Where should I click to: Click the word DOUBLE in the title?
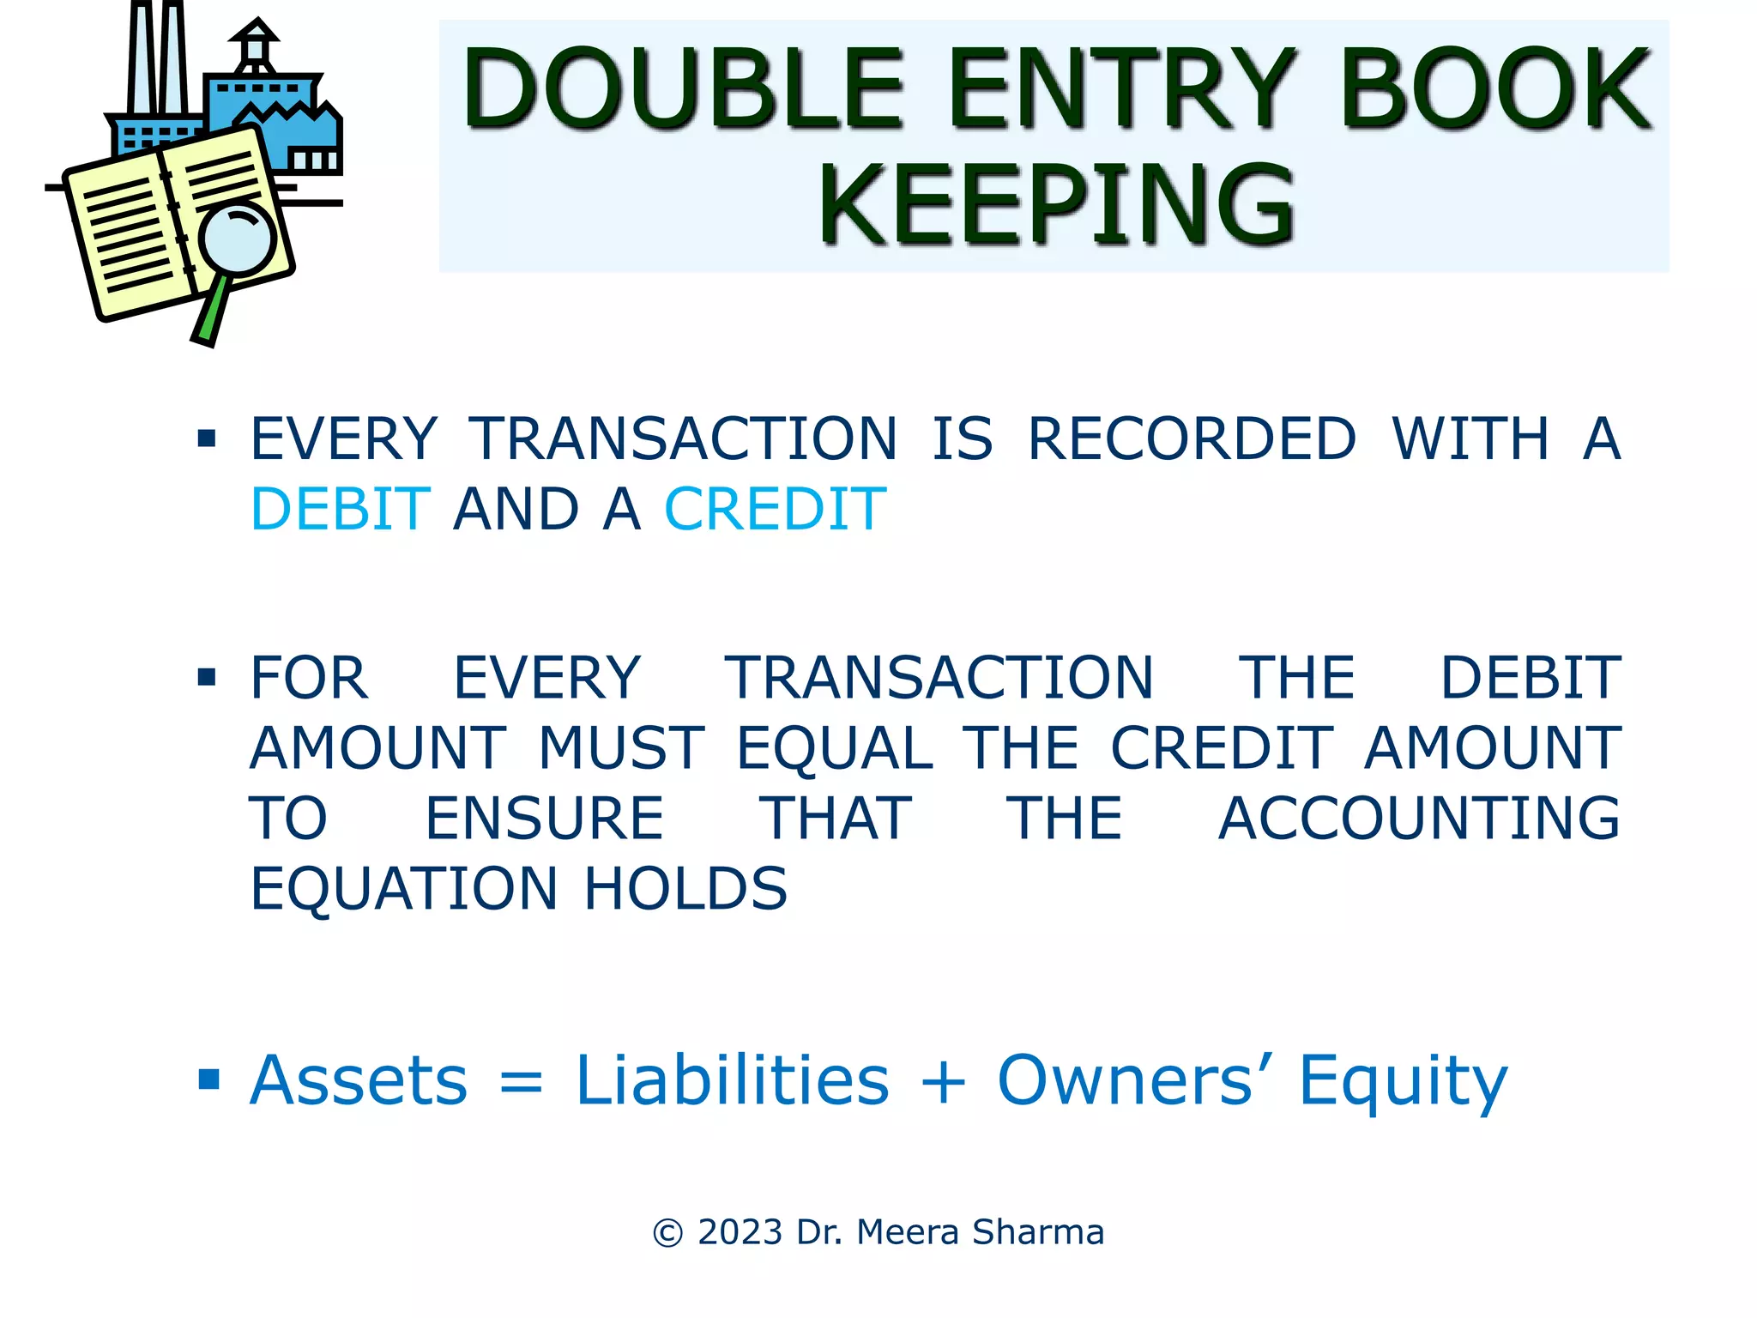(x=683, y=88)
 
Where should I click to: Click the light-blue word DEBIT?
(x=341, y=509)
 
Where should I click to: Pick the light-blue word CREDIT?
(x=776, y=509)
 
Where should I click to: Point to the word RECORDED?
(x=1192, y=438)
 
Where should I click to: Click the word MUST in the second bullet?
(x=621, y=747)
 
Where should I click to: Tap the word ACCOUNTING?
(x=1419, y=818)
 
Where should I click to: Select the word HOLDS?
(x=685, y=888)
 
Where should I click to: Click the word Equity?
(x=1403, y=1081)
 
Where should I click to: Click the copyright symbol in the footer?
(x=667, y=1233)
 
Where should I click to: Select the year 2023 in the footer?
(x=740, y=1232)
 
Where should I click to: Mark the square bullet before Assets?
(x=208, y=1079)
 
